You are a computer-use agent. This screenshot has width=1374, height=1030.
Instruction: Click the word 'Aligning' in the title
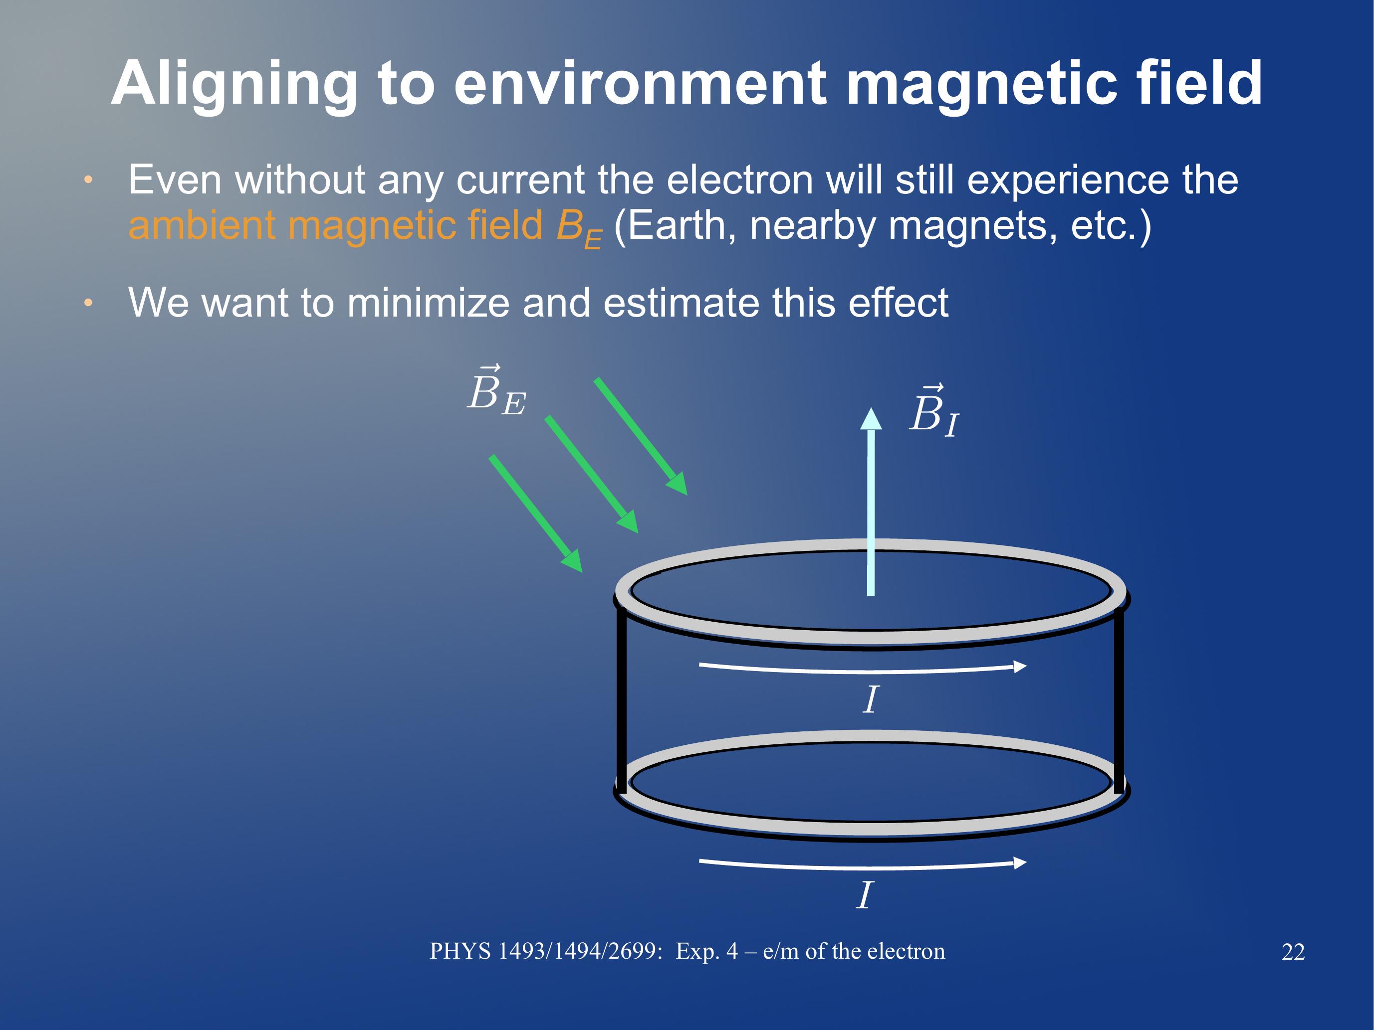click(x=234, y=86)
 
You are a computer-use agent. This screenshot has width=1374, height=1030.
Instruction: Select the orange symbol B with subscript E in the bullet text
click(x=579, y=227)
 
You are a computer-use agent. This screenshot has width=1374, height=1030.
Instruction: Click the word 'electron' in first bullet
click(x=739, y=180)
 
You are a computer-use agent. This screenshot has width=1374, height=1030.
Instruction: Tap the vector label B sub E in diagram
click(x=496, y=391)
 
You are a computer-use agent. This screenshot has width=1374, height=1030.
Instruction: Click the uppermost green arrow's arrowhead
click(x=679, y=484)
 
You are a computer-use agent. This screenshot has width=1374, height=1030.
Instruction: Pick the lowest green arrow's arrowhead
click(x=573, y=561)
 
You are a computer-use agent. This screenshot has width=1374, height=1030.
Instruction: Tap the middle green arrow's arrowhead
click(x=629, y=522)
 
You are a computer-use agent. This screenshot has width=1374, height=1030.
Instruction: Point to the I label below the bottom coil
click(x=865, y=895)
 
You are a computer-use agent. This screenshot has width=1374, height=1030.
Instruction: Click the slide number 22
click(x=1293, y=952)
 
